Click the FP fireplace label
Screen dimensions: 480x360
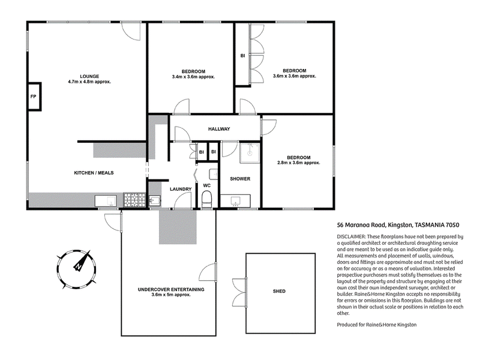(x=34, y=97)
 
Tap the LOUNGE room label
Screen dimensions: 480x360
(x=89, y=76)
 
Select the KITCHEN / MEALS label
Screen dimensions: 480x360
(x=94, y=173)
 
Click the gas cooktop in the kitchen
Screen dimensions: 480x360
(x=134, y=200)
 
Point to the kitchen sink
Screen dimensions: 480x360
(x=106, y=201)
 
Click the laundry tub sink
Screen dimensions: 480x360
(x=155, y=201)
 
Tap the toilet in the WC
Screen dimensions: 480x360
(x=207, y=199)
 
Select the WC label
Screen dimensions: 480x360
(x=207, y=185)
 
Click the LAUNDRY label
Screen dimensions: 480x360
(x=181, y=189)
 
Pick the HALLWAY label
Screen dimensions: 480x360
(x=219, y=129)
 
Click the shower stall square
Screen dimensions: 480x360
(x=250, y=152)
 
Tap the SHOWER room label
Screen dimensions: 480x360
(x=240, y=179)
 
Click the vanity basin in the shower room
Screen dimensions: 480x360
(x=235, y=201)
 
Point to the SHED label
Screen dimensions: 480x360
(x=279, y=292)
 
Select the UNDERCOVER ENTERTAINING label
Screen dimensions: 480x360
(x=171, y=289)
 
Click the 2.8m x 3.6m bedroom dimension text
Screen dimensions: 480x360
(x=298, y=163)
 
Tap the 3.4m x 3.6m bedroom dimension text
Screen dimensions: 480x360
(x=193, y=77)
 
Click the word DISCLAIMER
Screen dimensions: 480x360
(x=351, y=236)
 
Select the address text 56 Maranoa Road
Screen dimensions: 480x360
(x=361, y=225)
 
